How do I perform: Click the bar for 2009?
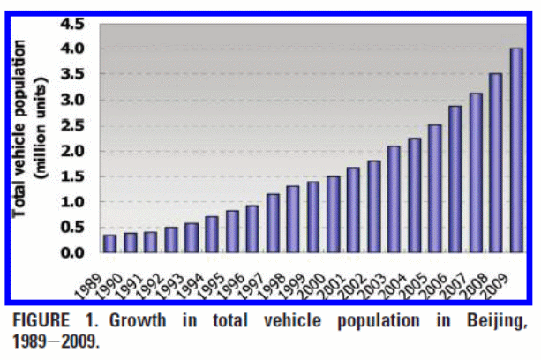click(516, 150)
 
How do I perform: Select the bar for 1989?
click(109, 244)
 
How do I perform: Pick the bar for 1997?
click(272, 223)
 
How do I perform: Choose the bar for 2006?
click(455, 179)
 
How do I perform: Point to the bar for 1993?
click(191, 238)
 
